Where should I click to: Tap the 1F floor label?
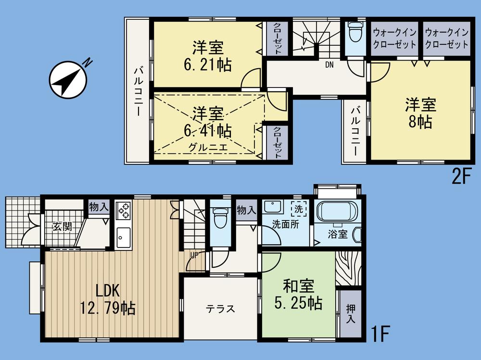380,333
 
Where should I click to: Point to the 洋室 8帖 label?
420,112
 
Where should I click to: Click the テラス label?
221,309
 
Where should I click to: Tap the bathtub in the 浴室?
335,213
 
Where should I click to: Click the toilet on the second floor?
355,33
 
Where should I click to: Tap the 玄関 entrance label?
62,226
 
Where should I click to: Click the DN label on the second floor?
329,64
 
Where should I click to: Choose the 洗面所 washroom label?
285,225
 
